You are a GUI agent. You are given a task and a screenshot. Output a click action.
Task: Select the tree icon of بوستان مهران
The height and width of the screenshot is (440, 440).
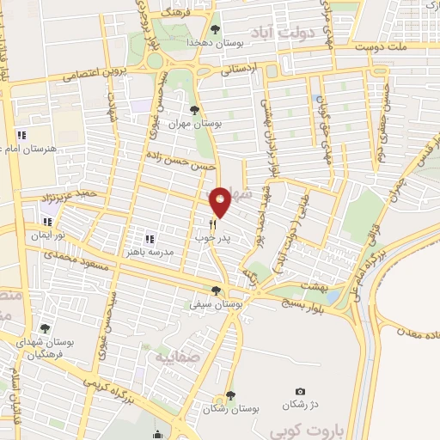point(194,110)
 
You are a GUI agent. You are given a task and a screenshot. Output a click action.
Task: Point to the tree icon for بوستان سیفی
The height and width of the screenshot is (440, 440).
point(216,290)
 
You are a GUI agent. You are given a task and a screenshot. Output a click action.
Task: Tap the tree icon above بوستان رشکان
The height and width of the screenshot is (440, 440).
point(229,396)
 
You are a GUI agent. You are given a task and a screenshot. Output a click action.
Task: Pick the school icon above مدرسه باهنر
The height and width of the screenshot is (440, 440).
point(150,239)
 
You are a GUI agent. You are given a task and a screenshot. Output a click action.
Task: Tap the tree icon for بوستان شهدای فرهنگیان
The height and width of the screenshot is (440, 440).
point(45,328)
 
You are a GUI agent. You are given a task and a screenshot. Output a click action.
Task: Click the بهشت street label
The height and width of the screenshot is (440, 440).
point(315,284)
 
